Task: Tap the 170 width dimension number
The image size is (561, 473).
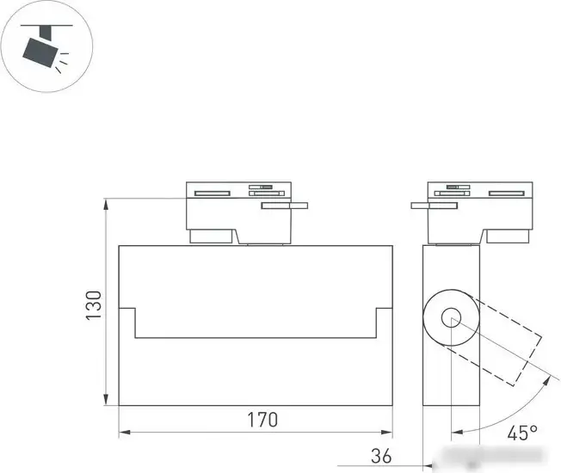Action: (x=263, y=420)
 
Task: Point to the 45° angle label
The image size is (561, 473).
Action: (x=521, y=433)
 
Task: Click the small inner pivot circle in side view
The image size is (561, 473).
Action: (x=451, y=321)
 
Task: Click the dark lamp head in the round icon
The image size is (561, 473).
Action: (x=41, y=52)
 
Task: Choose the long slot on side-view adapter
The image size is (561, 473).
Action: (x=507, y=193)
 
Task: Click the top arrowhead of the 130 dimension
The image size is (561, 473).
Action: (x=107, y=204)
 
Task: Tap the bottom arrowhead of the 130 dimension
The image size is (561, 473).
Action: (x=107, y=400)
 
